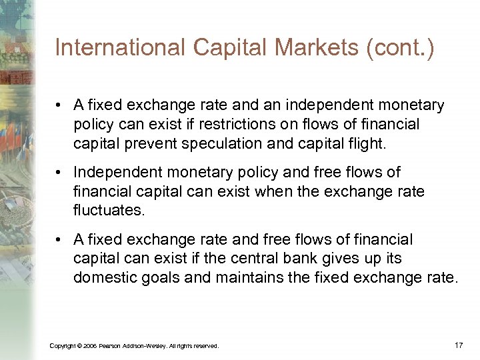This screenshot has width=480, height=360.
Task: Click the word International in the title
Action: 110,48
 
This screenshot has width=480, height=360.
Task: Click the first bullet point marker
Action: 59,105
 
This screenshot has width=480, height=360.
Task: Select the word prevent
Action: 163,143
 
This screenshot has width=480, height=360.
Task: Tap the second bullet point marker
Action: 59,173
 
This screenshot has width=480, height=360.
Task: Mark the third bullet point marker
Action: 59,239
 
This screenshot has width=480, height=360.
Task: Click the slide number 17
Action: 458,345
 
